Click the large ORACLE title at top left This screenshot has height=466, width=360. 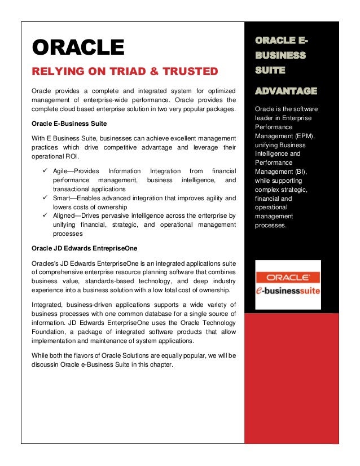(x=77, y=47)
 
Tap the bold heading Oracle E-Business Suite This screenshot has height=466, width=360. (x=69, y=123)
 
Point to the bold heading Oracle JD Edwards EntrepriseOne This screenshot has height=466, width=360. (x=85, y=248)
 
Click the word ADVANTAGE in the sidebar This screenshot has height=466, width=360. (x=286, y=91)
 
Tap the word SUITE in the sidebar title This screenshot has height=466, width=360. (x=270, y=71)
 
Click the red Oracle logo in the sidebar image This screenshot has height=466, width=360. (x=288, y=278)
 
